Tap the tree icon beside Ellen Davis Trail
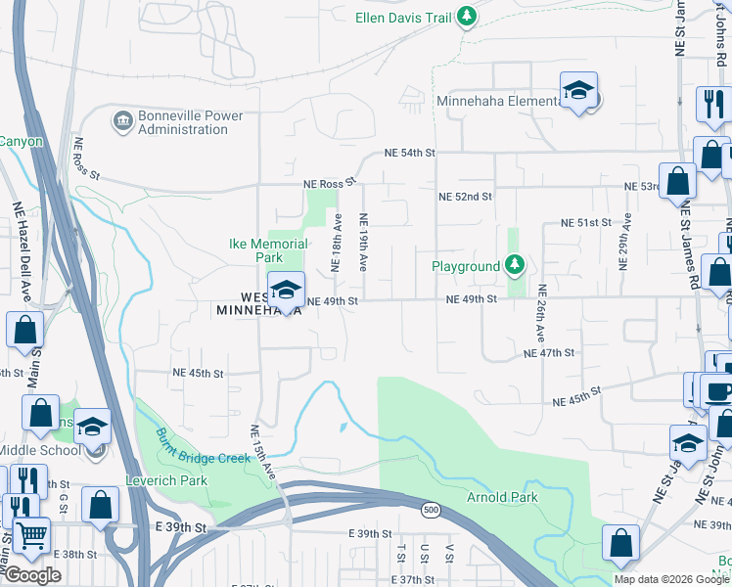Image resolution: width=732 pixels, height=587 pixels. [x=468, y=16]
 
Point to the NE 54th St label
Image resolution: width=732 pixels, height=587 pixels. [x=409, y=154]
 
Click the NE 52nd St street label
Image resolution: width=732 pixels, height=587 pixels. [x=464, y=197]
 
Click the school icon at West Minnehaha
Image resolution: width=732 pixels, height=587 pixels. [x=286, y=290]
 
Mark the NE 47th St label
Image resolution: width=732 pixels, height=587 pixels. [x=549, y=352]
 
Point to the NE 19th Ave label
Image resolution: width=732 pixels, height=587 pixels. [x=363, y=242]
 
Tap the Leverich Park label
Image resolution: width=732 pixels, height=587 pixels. [x=166, y=481]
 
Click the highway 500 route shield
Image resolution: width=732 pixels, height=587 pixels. [x=432, y=510]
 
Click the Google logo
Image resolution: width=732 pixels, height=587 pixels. [x=32, y=575]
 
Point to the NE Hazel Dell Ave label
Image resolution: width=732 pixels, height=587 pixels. [x=22, y=249]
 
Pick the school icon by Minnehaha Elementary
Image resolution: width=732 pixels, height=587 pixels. [x=578, y=91]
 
